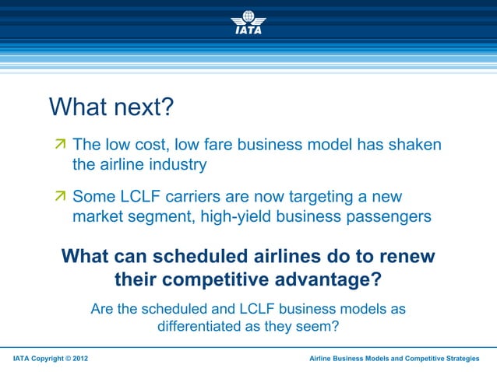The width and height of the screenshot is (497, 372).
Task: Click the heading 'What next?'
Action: click(x=111, y=107)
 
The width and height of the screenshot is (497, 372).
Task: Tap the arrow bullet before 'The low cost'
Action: click(x=61, y=146)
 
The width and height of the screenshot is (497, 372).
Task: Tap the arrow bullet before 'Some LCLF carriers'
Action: click(x=61, y=198)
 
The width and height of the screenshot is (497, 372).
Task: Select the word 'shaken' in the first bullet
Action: click(x=414, y=145)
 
